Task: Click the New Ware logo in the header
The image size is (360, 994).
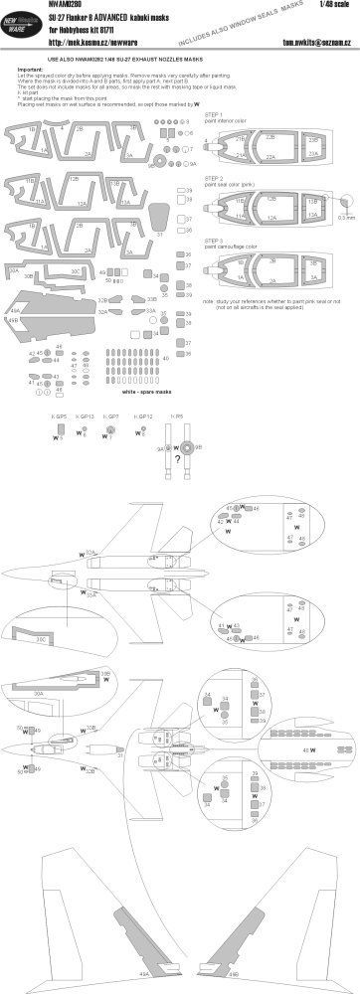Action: click(x=23, y=40)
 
